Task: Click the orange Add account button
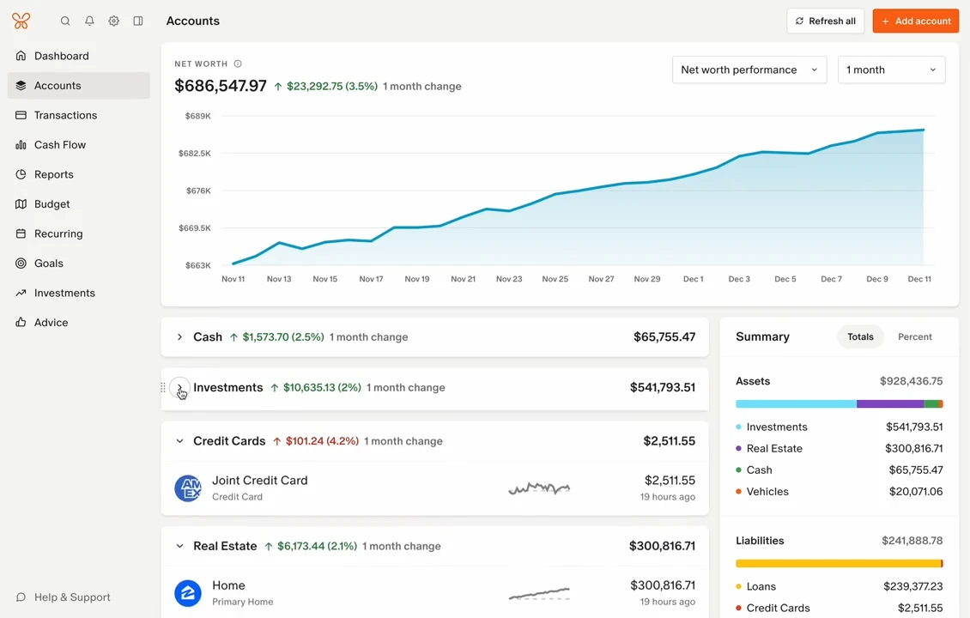tap(916, 21)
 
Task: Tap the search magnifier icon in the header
tap(65, 21)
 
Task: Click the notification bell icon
tap(89, 21)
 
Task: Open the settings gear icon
tap(114, 21)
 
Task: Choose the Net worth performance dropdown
tap(749, 70)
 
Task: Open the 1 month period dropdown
tap(891, 70)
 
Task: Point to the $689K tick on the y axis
tap(198, 116)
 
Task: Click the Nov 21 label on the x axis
tap(463, 279)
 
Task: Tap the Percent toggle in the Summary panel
tap(914, 336)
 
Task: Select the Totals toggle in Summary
tap(860, 336)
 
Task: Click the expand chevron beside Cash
tap(179, 337)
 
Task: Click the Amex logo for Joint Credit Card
tap(188, 488)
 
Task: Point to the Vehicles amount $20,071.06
tap(916, 492)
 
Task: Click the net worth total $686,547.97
tap(221, 86)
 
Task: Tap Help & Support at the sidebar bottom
tap(63, 597)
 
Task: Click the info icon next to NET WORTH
tap(238, 64)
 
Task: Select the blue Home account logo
tap(188, 592)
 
